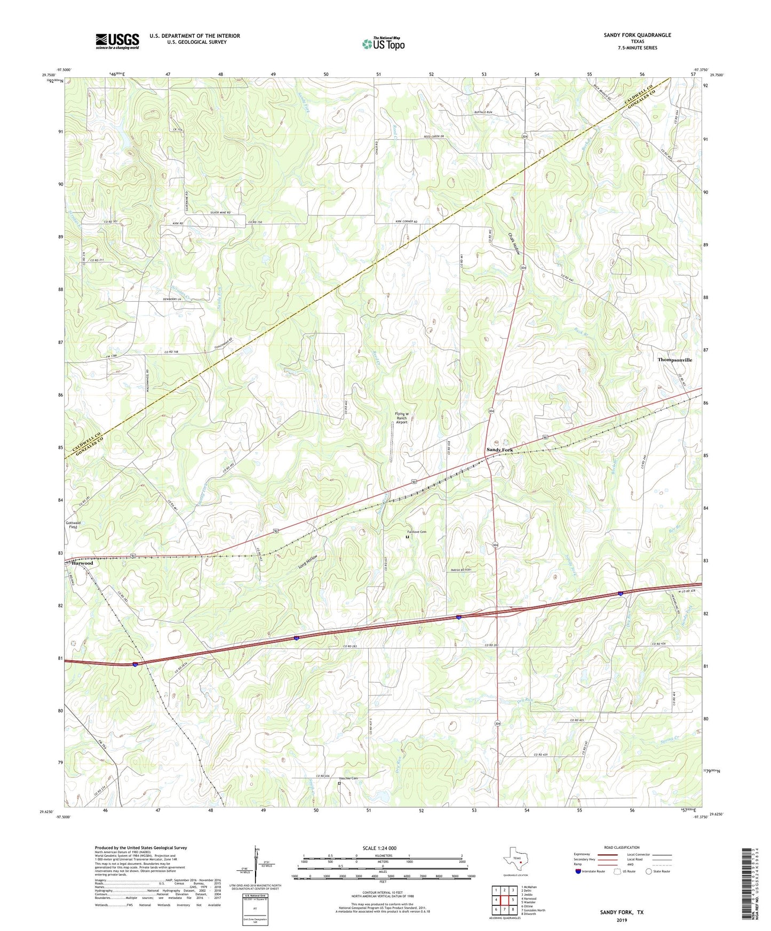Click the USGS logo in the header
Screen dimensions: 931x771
pyautogui.click(x=117, y=41)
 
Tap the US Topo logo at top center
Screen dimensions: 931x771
pyautogui.click(x=383, y=43)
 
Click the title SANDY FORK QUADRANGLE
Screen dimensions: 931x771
pyautogui.click(x=637, y=35)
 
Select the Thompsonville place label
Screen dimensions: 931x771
pyautogui.click(x=674, y=360)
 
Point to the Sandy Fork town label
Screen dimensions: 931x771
pyautogui.click(x=499, y=450)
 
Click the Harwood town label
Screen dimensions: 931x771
pyautogui.click(x=83, y=563)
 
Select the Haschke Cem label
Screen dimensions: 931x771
pyautogui.click(x=347, y=778)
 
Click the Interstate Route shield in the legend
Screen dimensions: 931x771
pyautogui.click(x=579, y=871)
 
